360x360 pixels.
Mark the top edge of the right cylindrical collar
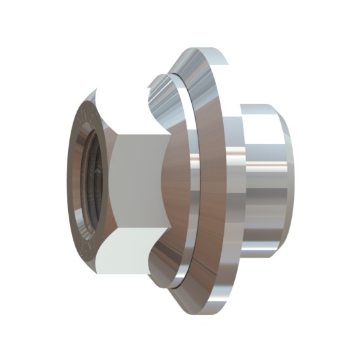[259, 104]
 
